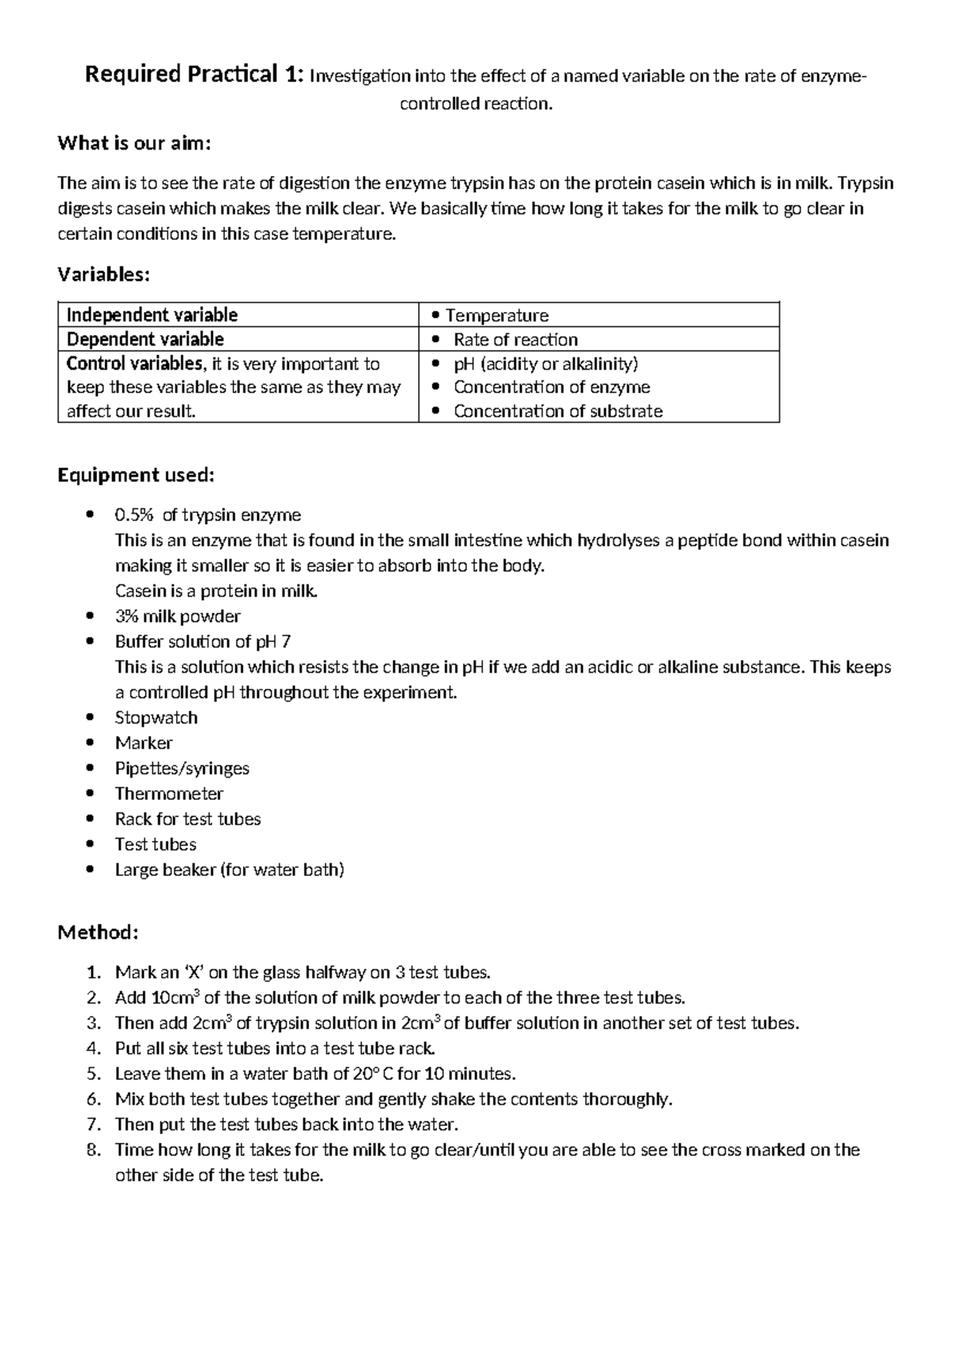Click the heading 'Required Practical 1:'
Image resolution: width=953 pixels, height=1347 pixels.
pyautogui.click(x=194, y=75)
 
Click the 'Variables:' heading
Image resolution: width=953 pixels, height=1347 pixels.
pyautogui.click(x=103, y=275)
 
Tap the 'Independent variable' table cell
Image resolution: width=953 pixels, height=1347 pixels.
pyautogui.click(x=152, y=315)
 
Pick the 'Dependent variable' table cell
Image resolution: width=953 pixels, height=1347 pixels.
pyautogui.click(x=145, y=339)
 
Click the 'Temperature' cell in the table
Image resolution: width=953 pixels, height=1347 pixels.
pyautogui.click(x=497, y=315)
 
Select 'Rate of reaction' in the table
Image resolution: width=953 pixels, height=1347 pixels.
pyautogui.click(x=515, y=340)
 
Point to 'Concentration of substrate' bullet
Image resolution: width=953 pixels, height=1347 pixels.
pyautogui.click(x=558, y=411)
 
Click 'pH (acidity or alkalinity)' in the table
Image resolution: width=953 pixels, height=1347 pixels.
pyautogui.click(x=546, y=364)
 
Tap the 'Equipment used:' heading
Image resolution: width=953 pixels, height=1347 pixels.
pyautogui.click(x=136, y=475)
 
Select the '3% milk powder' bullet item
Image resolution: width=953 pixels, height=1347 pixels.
pyautogui.click(x=177, y=616)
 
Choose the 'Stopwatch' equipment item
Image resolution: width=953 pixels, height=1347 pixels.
pyautogui.click(x=156, y=718)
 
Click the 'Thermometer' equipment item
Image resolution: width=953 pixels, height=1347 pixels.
pyautogui.click(x=168, y=793)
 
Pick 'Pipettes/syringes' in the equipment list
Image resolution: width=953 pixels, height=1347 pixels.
pyautogui.click(x=182, y=768)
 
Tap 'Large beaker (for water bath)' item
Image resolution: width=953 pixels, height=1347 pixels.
pyautogui.click(x=230, y=870)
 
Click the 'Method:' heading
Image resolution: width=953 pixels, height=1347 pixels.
pyautogui.click(x=98, y=932)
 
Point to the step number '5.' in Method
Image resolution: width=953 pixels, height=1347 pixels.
pyautogui.click(x=94, y=1074)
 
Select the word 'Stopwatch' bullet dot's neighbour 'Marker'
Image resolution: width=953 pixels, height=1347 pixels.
pyautogui.click(x=143, y=743)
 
